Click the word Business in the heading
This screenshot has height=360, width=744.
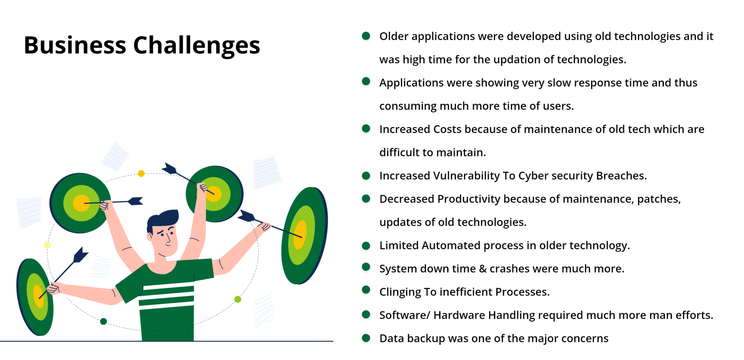(75, 45)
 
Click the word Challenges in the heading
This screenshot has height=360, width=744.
(197, 45)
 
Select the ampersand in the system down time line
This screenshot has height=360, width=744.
(483, 269)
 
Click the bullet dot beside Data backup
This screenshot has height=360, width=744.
(366, 338)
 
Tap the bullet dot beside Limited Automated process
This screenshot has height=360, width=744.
(366, 246)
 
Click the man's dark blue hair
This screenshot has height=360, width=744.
(162, 219)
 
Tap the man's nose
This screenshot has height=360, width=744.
(168, 238)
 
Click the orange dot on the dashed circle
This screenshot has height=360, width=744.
(141, 174)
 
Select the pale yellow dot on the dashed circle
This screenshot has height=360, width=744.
(47, 245)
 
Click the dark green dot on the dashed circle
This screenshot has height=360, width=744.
(104, 321)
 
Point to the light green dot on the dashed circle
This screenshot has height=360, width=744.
(238, 299)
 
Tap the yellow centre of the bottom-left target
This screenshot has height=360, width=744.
(38, 297)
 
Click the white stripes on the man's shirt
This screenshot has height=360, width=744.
(166, 296)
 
